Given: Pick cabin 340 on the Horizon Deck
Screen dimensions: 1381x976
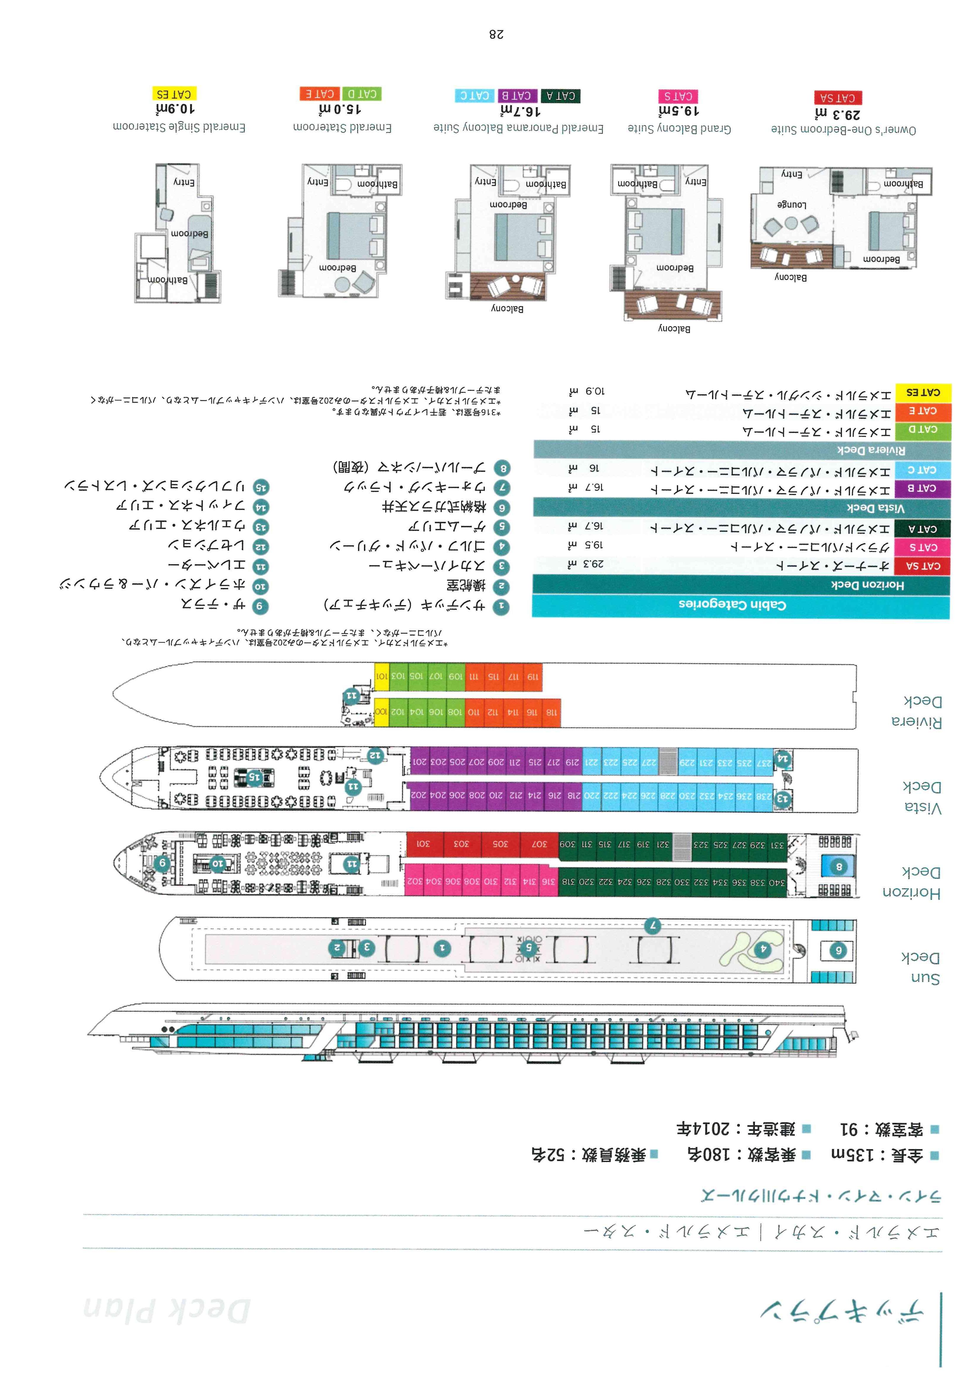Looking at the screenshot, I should (777, 882).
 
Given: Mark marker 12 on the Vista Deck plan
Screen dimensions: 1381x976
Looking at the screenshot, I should (375, 754).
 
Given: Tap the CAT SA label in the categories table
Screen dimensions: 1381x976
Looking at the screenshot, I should (923, 566).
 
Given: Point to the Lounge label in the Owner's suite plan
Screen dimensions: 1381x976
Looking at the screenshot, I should (791, 204).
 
